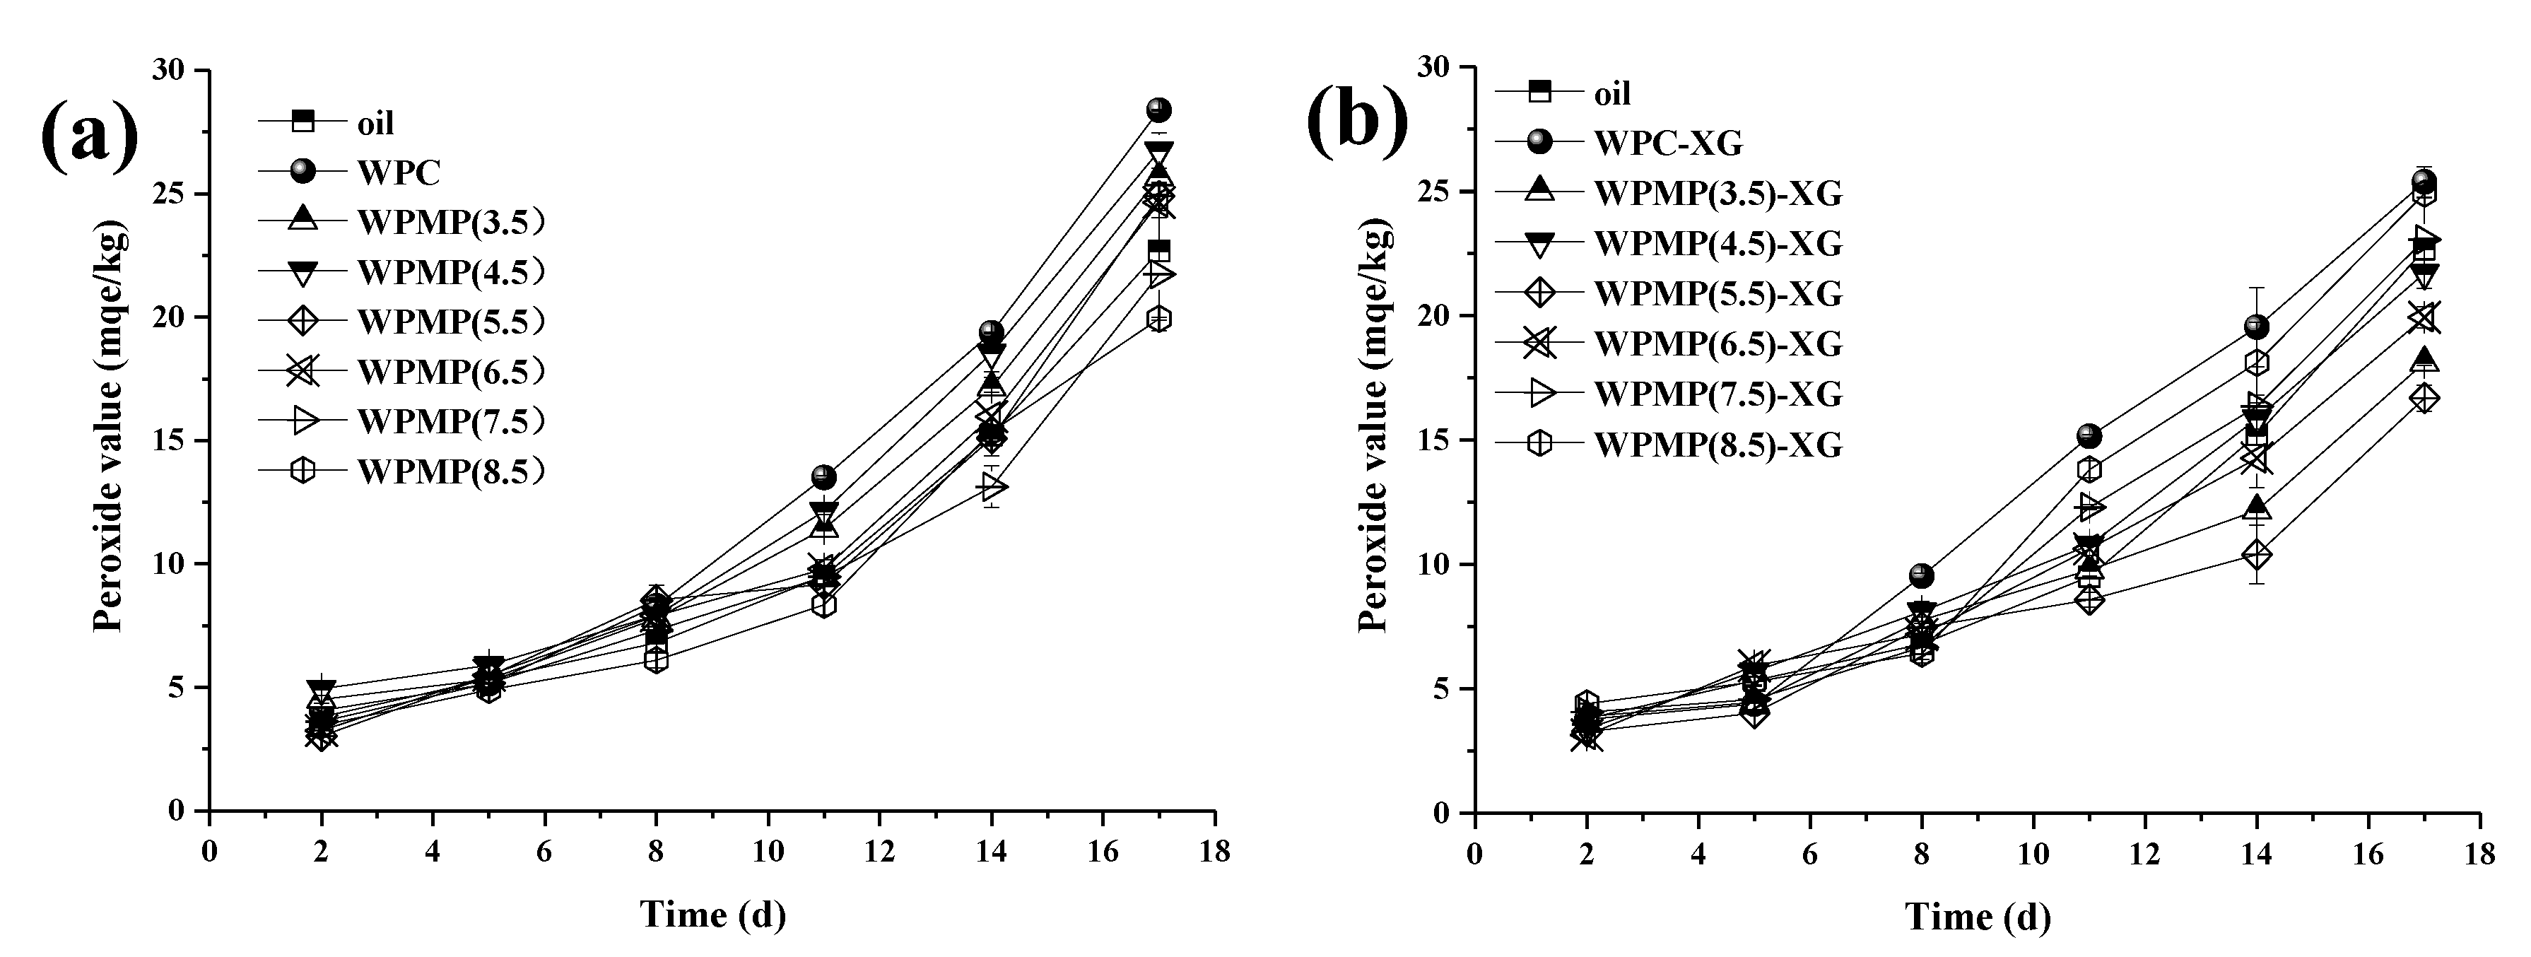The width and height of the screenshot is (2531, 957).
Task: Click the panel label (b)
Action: coord(1357,121)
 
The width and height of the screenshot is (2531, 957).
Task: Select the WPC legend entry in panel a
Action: coord(398,172)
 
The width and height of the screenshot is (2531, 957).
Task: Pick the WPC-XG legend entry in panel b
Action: coord(1667,143)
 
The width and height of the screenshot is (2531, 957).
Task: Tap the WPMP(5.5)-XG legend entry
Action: coord(1717,293)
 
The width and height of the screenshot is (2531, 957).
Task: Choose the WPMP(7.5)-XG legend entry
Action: coord(1717,394)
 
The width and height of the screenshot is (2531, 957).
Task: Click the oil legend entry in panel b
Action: coord(1611,93)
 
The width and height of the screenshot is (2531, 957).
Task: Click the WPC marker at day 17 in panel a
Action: coord(1158,109)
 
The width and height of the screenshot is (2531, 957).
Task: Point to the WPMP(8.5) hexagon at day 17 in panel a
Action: coord(1158,318)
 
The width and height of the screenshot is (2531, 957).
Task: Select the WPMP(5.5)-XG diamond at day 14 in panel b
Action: coord(2257,555)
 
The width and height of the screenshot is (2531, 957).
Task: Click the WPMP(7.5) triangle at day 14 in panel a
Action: coord(992,486)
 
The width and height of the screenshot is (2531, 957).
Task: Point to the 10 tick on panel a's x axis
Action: coord(768,852)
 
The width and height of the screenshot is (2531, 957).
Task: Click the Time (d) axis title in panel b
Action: coord(1978,917)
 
